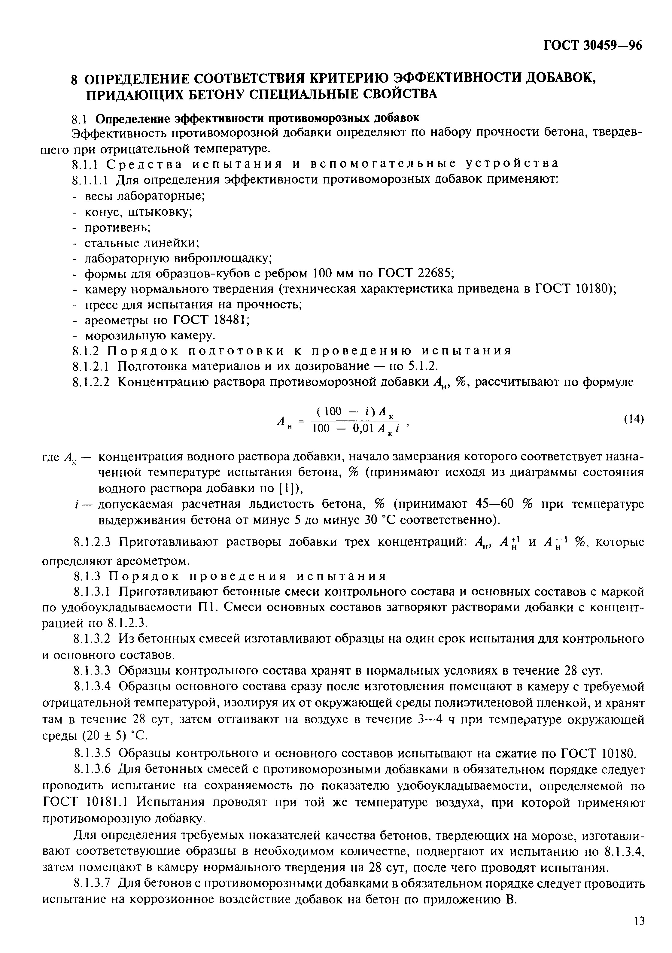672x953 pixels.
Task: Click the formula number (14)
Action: pos(634,419)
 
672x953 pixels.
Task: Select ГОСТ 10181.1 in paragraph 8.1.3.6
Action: pos(82,801)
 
